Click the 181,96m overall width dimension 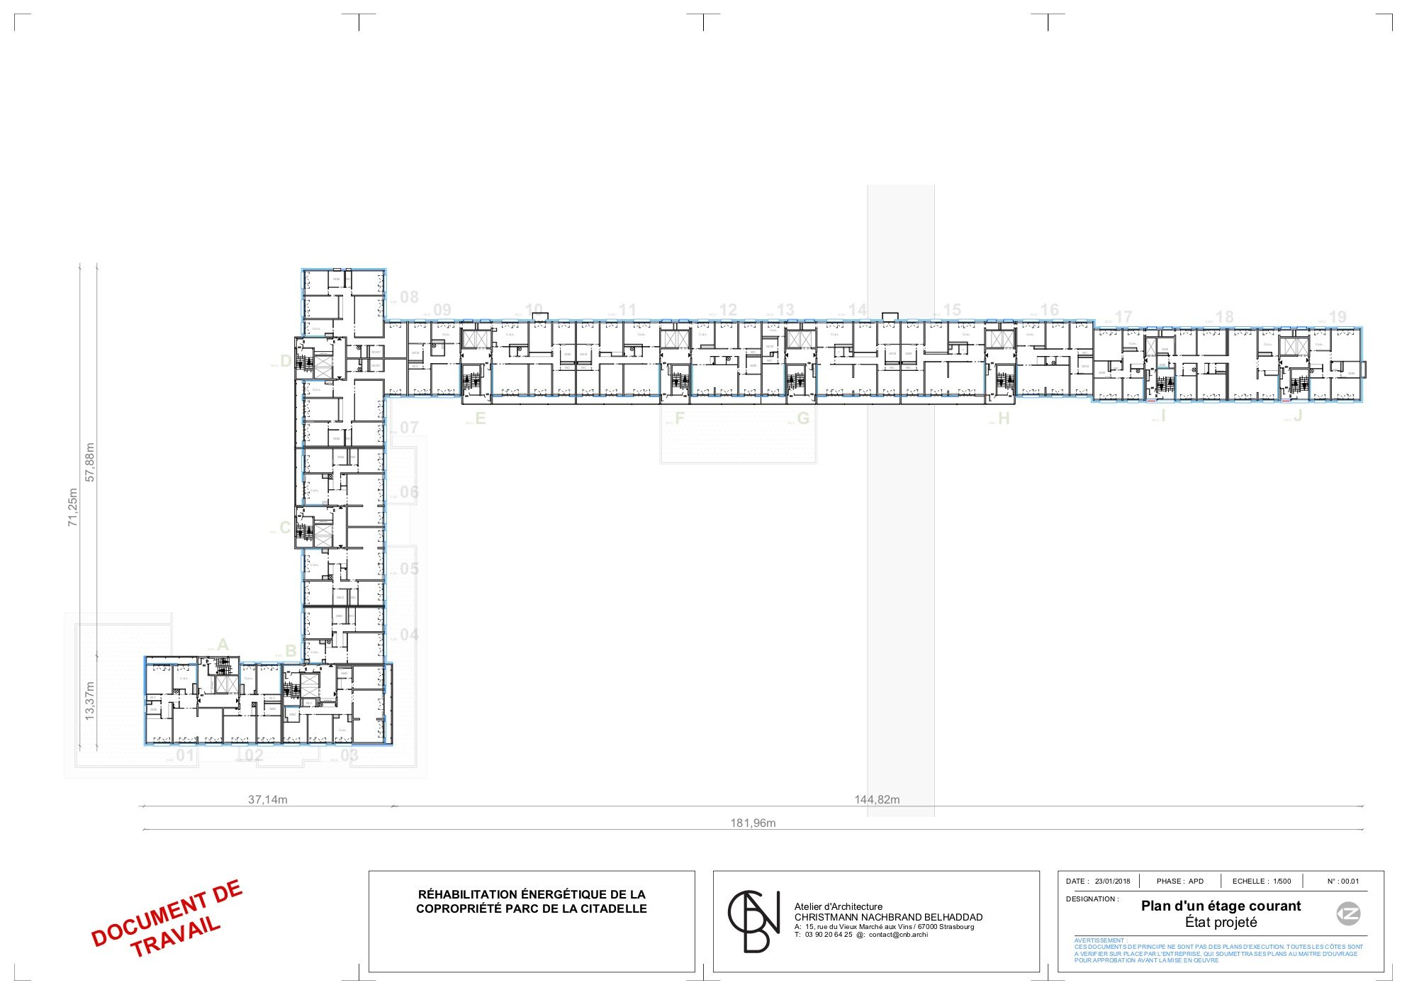[753, 823]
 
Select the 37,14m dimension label [267, 800]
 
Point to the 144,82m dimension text [877, 800]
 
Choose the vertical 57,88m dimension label [90, 462]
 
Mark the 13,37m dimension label [90, 701]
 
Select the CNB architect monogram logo [753, 921]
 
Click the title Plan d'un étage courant [1221, 906]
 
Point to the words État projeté [1221, 923]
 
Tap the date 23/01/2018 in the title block [1112, 882]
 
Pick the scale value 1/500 [1282, 882]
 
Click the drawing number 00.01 [1350, 882]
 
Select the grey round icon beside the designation [1348, 914]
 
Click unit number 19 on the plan [1337, 317]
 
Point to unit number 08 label [409, 297]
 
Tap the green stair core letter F [679, 418]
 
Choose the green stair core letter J [1297, 416]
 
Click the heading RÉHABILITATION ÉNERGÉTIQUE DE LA [532, 895]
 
